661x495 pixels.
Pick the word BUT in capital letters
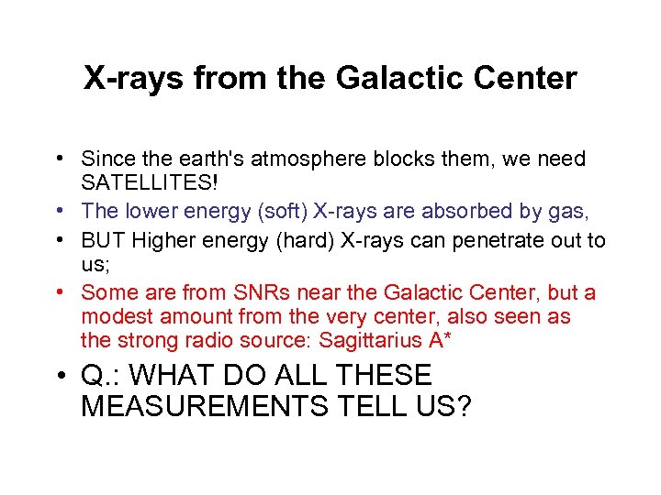pyautogui.click(x=102, y=240)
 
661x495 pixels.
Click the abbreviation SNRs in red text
pyautogui.click(x=252, y=292)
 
